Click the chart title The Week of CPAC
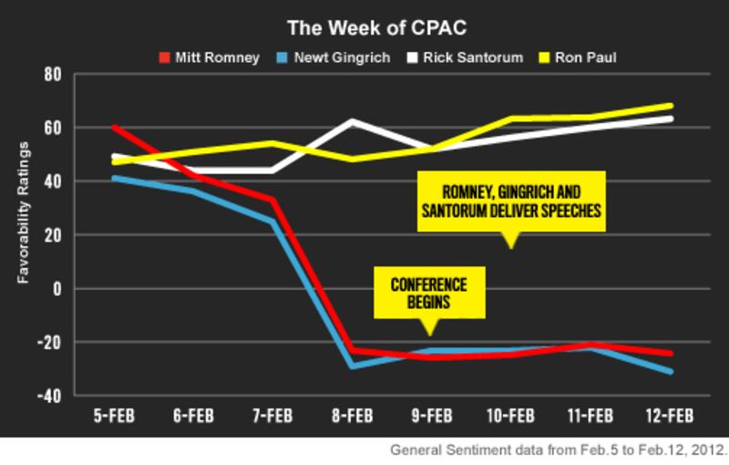tap(364, 26)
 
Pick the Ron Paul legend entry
tap(591, 57)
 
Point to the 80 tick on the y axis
tap(52, 74)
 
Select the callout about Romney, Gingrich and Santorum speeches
tap(510, 200)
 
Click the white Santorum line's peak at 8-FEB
tap(352, 121)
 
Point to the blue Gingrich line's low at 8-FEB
tap(352, 366)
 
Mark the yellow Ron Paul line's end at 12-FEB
tap(670, 106)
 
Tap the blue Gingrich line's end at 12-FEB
tap(670, 371)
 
